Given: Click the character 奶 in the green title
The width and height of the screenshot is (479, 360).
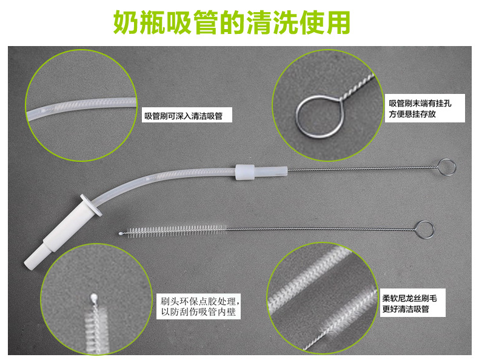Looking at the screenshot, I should point(130,23).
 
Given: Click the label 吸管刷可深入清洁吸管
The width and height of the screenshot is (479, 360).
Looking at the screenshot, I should point(187,116).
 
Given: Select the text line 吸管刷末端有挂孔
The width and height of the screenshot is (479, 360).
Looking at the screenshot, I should point(420,104).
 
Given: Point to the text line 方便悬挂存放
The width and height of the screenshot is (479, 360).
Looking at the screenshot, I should point(412,114).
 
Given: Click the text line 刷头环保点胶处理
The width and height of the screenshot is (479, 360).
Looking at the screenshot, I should point(201,301).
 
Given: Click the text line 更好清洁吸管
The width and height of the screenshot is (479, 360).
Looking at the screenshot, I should point(406,309).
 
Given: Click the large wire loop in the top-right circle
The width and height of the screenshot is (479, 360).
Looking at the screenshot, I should point(313,115).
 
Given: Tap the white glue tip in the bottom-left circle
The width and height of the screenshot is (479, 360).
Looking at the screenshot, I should point(93,298).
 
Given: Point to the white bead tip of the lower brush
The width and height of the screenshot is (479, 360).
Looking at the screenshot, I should point(121,232).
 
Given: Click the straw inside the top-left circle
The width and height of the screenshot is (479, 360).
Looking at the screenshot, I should point(85,108).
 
